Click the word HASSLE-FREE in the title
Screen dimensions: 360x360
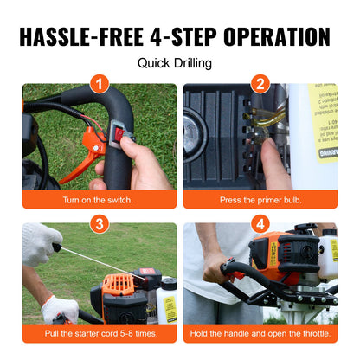pos(91,36)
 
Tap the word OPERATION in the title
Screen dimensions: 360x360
pos(280,36)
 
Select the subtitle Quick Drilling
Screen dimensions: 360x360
pos(179,63)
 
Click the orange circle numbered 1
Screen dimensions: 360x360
pos(100,84)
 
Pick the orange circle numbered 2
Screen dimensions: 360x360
pos(260,84)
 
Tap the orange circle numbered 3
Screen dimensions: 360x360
pos(100,223)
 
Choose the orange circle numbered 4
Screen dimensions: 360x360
pos(260,223)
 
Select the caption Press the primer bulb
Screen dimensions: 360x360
pos(260,200)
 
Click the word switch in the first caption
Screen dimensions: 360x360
pos(120,200)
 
